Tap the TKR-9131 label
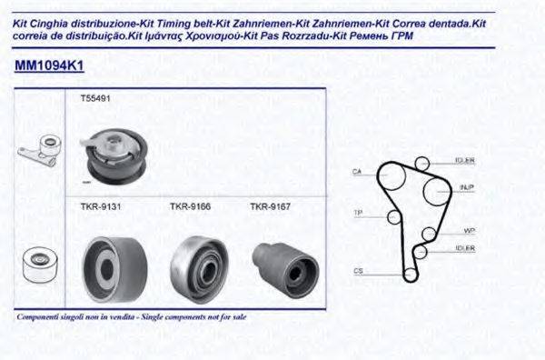pyautogui.click(x=95, y=206)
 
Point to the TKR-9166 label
pyautogui.click(x=190, y=206)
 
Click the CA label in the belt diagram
pyautogui.click(x=357, y=171)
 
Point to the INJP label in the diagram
pyautogui.click(x=467, y=187)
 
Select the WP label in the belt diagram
pyautogui.click(x=469, y=230)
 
